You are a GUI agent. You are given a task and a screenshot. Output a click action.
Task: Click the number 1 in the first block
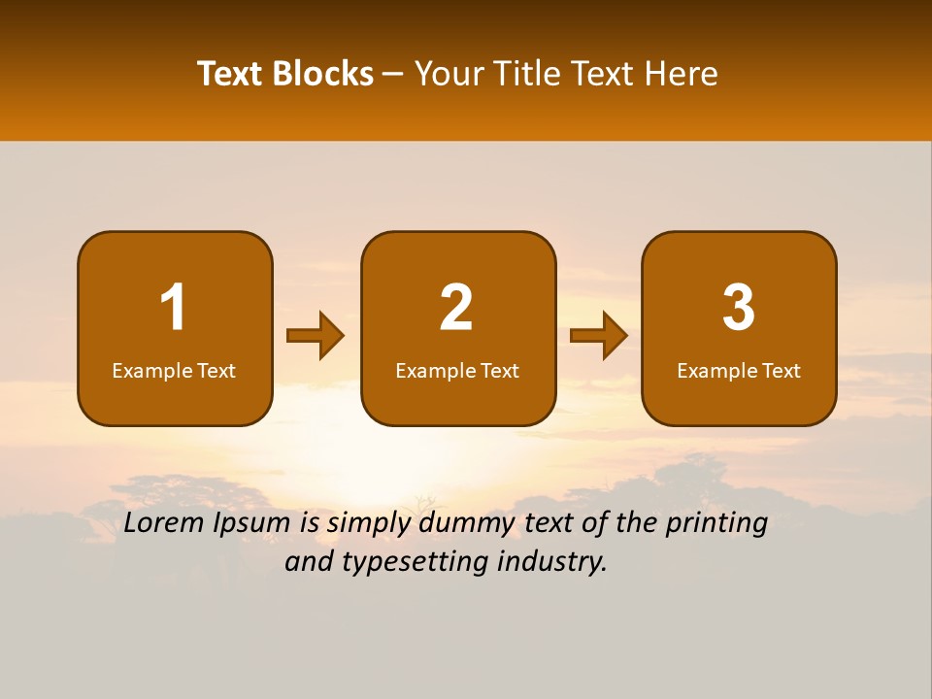tap(173, 308)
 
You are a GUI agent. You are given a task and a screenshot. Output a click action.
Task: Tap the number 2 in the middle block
tap(456, 308)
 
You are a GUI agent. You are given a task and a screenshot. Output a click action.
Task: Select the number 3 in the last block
tap(739, 308)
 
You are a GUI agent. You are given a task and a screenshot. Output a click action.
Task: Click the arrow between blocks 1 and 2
tap(316, 336)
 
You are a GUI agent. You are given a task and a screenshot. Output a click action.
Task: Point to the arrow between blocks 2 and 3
tap(599, 336)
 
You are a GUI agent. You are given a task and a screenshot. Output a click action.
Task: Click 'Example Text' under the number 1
tap(174, 370)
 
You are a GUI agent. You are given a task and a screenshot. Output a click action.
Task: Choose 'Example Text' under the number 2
tap(457, 370)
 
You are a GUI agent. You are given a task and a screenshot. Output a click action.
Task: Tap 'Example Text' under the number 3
tap(739, 370)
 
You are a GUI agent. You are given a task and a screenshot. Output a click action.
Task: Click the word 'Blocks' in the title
tap(322, 74)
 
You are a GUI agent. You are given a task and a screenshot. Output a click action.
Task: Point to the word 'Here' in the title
tap(683, 74)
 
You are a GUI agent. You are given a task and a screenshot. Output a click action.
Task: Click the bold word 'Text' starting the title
tap(230, 74)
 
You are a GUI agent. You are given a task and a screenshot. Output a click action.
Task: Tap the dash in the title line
tap(394, 75)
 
